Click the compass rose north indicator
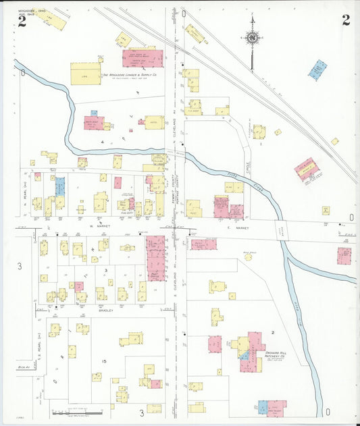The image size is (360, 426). (252, 38)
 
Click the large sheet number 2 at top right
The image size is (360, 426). (345, 20)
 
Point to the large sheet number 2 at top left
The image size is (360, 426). (22, 22)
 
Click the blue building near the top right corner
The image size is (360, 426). (317, 70)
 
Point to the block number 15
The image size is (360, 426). (105, 363)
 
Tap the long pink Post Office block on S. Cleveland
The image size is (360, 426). (155, 257)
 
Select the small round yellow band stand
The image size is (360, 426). (248, 257)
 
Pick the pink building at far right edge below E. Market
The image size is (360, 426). (344, 256)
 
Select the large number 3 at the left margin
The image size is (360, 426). (20, 267)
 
